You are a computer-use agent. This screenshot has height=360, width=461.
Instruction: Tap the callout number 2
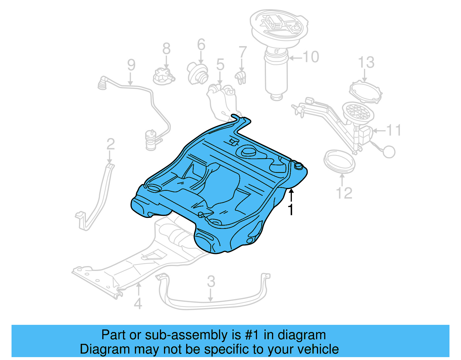pos(111,144)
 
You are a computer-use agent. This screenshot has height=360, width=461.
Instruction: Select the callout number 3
pos(211,281)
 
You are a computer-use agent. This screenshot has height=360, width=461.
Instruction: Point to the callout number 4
pos(138,304)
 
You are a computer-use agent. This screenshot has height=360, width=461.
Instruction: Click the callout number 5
pos(220,64)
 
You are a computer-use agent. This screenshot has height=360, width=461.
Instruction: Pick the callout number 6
pos(201,45)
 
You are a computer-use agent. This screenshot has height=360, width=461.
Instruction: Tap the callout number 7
pos(243,52)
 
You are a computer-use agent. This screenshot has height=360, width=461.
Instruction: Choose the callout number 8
pos(167,49)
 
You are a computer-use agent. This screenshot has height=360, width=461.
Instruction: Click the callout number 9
pos(131,65)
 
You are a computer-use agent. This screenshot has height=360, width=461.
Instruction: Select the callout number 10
pos(311,57)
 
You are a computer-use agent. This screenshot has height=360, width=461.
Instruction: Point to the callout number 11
pos(394,130)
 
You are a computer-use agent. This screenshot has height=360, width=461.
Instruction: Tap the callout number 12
pos(344,193)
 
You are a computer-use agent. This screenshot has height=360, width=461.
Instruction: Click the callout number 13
pos(366,62)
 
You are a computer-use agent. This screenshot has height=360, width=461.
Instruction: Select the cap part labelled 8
pos(164,76)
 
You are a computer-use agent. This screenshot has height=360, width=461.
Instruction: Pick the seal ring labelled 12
pos(339,161)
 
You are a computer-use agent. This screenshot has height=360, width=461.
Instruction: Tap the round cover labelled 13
pos(365,92)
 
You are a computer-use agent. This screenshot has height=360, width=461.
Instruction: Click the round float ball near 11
pos(389,152)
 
